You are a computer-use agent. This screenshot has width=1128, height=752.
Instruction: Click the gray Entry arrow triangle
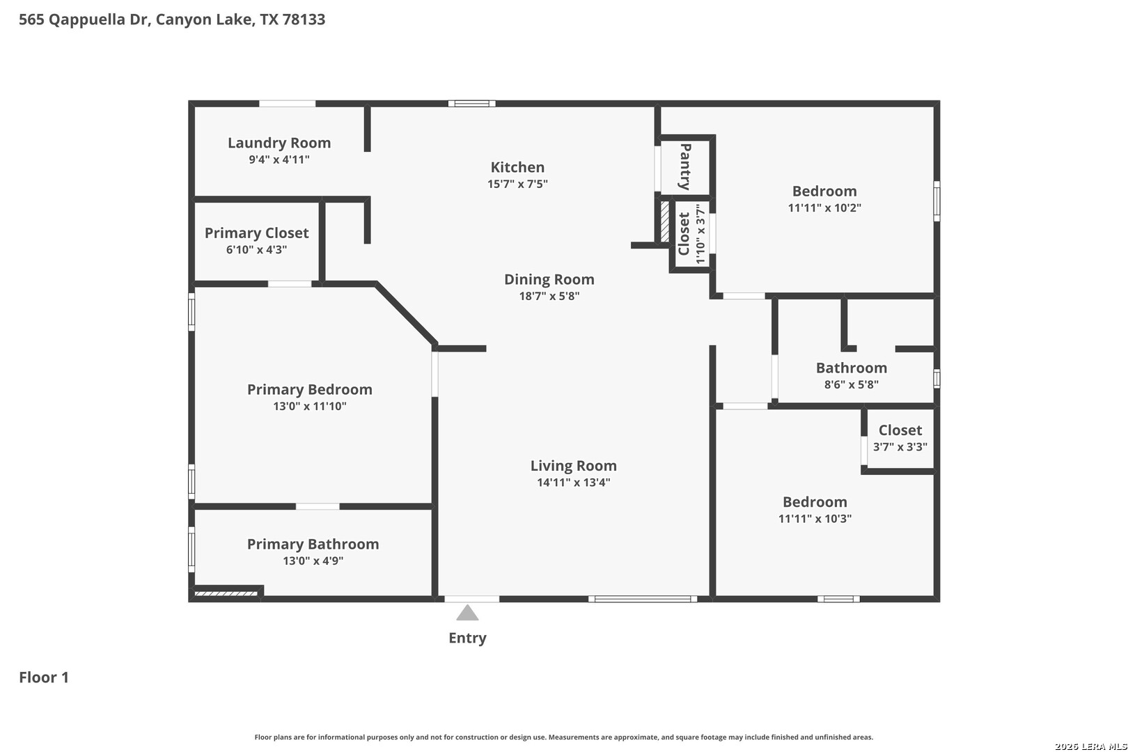click(467, 613)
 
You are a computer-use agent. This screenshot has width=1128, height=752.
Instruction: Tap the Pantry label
click(685, 166)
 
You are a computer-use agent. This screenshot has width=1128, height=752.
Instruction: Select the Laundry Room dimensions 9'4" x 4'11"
click(279, 159)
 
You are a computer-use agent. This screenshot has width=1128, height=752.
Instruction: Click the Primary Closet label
click(256, 233)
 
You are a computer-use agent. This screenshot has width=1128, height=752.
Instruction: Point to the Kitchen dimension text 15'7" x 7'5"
click(517, 184)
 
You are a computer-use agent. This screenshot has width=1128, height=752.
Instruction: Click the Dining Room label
click(549, 279)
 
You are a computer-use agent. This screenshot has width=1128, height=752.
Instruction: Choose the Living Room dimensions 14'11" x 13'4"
click(573, 483)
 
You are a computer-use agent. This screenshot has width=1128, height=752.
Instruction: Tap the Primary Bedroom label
click(310, 389)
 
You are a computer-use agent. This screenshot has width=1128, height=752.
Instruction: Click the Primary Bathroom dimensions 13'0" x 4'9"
click(313, 561)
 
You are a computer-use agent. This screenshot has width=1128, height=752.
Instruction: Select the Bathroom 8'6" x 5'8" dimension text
click(851, 384)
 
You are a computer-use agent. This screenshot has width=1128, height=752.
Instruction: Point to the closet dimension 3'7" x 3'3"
click(900, 447)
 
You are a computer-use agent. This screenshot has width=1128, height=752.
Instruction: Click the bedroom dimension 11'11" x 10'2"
click(824, 207)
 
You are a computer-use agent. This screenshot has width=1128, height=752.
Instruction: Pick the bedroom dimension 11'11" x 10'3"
click(815, 518)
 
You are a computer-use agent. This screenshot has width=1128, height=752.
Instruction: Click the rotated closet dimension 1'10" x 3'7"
click(700, 234)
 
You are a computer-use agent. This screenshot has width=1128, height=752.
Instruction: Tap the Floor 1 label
click(44, 677)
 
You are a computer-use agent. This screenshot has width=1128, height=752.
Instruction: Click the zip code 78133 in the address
click(304, 19)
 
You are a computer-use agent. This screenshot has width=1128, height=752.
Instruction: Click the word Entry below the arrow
click(467, 639)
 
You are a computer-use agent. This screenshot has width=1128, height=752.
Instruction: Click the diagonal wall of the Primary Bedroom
click(406, 314)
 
